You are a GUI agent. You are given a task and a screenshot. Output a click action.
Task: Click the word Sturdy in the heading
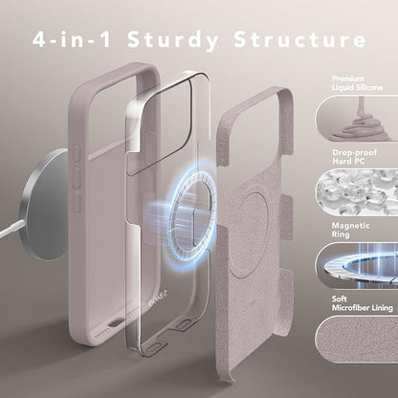point(173,40)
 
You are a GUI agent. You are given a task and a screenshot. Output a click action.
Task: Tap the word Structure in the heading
point(300,39)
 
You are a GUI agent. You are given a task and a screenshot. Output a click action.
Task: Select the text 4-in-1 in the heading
point(72,39)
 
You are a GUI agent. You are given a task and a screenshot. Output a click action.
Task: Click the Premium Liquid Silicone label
point(357,83)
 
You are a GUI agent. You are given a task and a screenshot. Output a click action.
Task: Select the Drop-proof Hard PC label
point(354,157)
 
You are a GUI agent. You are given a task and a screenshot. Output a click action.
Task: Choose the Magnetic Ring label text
point(350,230)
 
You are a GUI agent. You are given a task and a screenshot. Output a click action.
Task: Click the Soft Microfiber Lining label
point(362,303)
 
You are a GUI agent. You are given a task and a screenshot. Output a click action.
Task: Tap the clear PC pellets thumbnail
point(357,192)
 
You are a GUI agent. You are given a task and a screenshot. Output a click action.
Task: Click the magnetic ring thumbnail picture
point(357,266)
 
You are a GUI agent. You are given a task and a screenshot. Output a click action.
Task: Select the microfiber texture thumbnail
point(357,339)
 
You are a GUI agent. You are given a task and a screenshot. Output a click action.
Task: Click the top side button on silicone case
point(77,153)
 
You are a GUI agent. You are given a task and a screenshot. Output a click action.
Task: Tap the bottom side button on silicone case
point(77,202)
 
